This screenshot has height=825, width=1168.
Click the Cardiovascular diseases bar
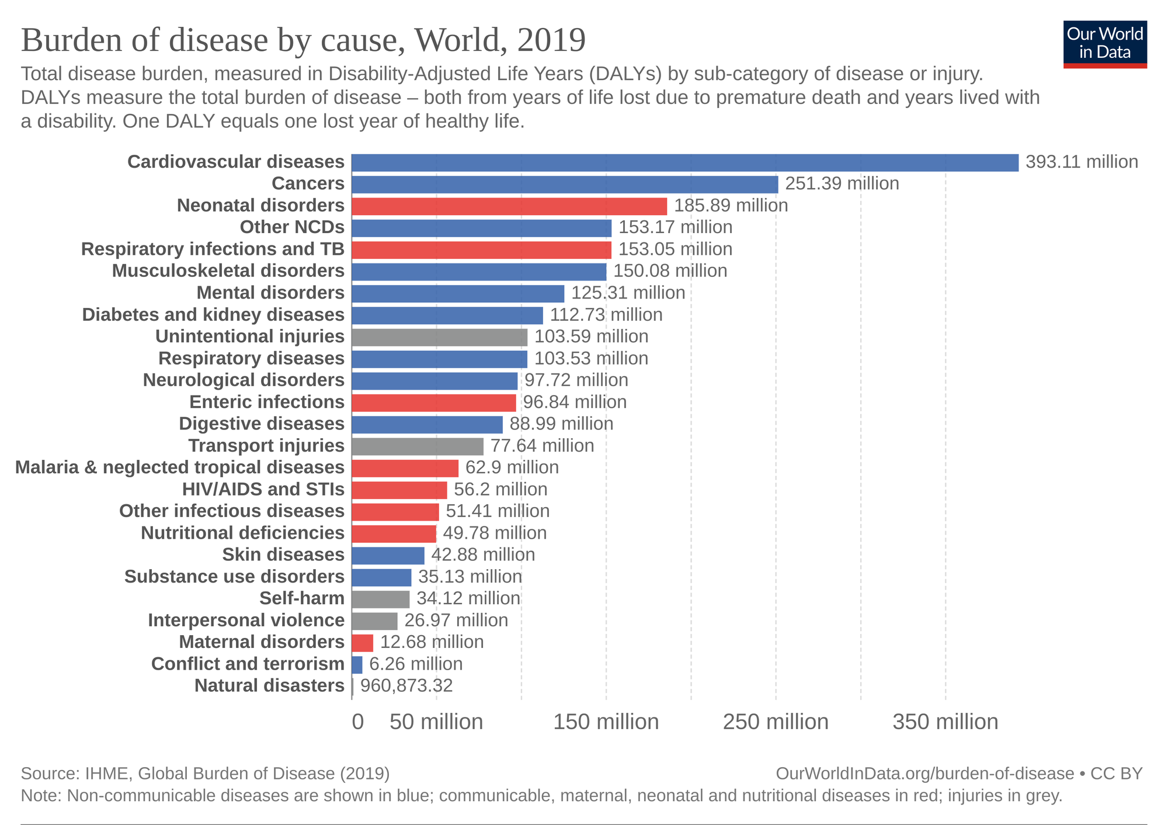pyautogui.click(x=684, y=162)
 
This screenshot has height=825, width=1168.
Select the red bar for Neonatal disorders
pyautogui.click(x=509, y=206)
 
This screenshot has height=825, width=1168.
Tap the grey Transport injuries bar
pyautogui.click(x=418, y=446)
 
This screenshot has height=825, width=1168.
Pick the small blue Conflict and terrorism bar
pyautogui.click(x=357, y=665)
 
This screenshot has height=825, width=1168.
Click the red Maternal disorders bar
pyautogui.click(x=362, y=643)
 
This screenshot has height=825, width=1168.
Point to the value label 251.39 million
pyautogui.click(x=842, y=184)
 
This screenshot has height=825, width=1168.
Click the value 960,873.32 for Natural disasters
pyautogui.click(x=406, y=686)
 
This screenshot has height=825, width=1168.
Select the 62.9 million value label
pyautogui.click(x=512, y=468)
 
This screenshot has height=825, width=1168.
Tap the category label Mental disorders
pyautogui.click(x=270, y=293)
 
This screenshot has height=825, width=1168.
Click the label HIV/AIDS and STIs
pyautogui.click(x=263, y=489)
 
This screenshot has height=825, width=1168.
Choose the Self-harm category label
pyautogui.click(x=302, y=598)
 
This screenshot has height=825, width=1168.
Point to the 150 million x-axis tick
pyautogui.click(x=606, y=722)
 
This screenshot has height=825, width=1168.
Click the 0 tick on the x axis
pyautogui.click(x=357, y=722)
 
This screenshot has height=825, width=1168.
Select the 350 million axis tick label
pyautogui.click(x=945, y=722)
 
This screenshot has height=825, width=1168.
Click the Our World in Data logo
pyautogui.click(x=1105, y=44)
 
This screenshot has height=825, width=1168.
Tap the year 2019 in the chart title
pyautogui.click(x=551, y=41)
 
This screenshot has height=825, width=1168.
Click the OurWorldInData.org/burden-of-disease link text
pyautogui.click(x=924, y=774)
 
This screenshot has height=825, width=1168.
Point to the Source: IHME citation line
pyautogui.click(x=205, y=774)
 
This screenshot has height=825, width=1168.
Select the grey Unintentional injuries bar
pyautogui.click(x=440, y=337)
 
